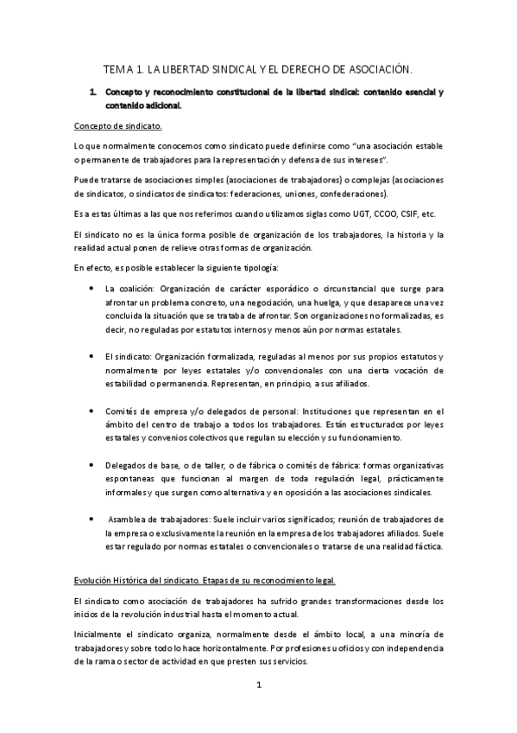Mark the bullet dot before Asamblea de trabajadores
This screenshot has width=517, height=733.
pos(91,519)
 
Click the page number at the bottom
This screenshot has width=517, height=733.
pos(258,685)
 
